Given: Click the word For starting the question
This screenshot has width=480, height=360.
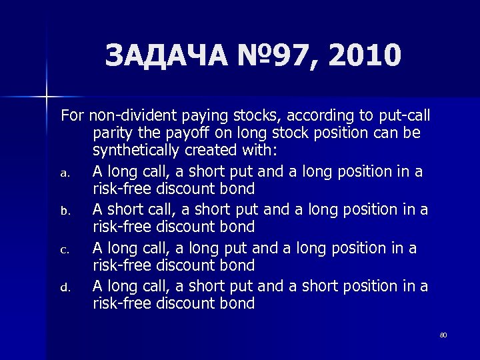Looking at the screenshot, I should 73,115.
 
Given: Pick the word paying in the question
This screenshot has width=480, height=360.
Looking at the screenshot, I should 191,115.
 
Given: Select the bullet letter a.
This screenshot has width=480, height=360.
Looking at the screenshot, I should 65,173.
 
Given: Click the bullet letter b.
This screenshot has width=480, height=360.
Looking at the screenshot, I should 65,211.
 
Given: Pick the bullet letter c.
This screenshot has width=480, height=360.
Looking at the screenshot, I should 65,249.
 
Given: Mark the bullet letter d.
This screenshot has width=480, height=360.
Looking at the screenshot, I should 65,288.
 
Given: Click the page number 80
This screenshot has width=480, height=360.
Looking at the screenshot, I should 443,334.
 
